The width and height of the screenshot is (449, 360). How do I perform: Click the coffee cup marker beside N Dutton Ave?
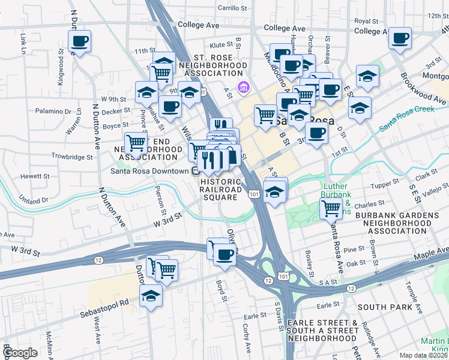[x=79, y=41]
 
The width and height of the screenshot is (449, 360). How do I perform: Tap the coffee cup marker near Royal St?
[x=400, y=38]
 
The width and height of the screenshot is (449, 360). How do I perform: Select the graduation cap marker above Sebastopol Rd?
[x=151, y=295]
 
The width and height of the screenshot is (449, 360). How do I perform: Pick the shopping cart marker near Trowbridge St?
[x=136, y=143]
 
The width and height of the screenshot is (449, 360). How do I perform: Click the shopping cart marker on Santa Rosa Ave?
[x=331, y=209]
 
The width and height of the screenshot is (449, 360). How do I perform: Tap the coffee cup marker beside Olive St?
[x=224, y=254]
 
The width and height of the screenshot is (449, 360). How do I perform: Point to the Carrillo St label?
[x=232, y=8]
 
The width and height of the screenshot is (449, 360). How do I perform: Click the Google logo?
[x=19, y=353]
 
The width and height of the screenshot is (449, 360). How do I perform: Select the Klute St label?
[x=221, y=45]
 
